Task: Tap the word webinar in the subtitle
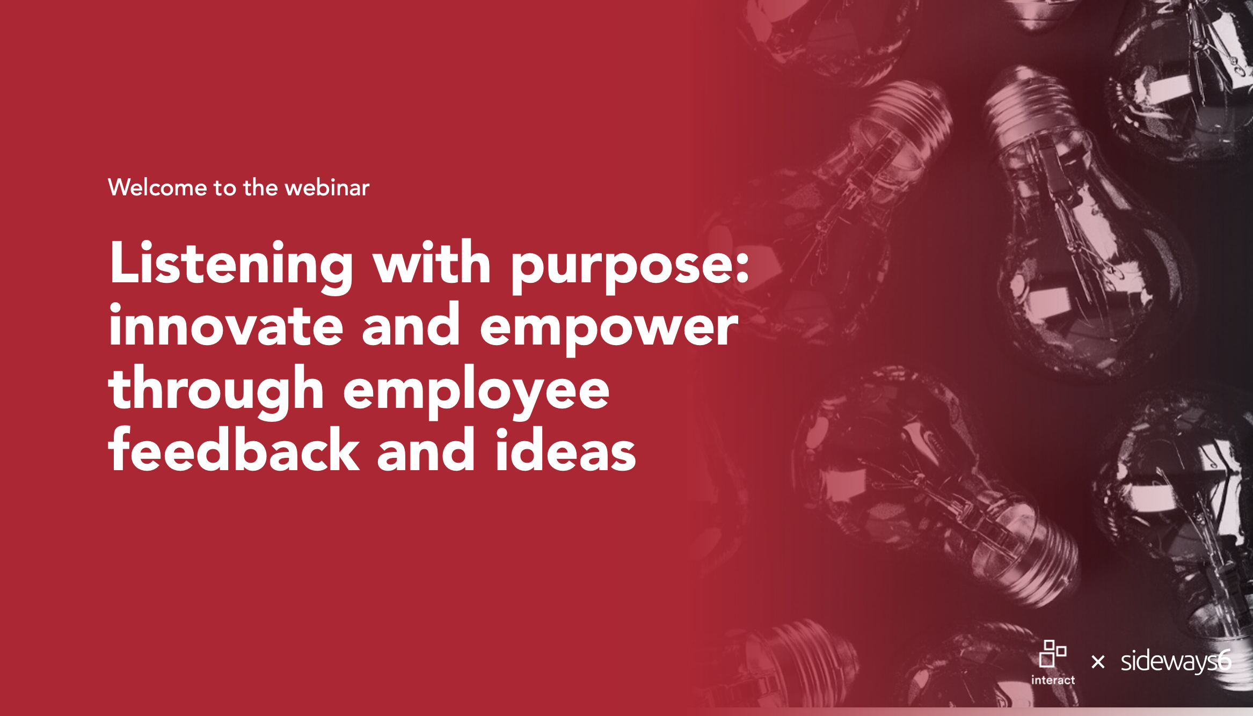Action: [327, 188]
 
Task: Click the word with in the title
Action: [432, 263]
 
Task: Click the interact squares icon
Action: [1052, 653]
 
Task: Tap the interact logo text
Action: [1053, 680]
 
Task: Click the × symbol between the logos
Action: [1098, 662]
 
